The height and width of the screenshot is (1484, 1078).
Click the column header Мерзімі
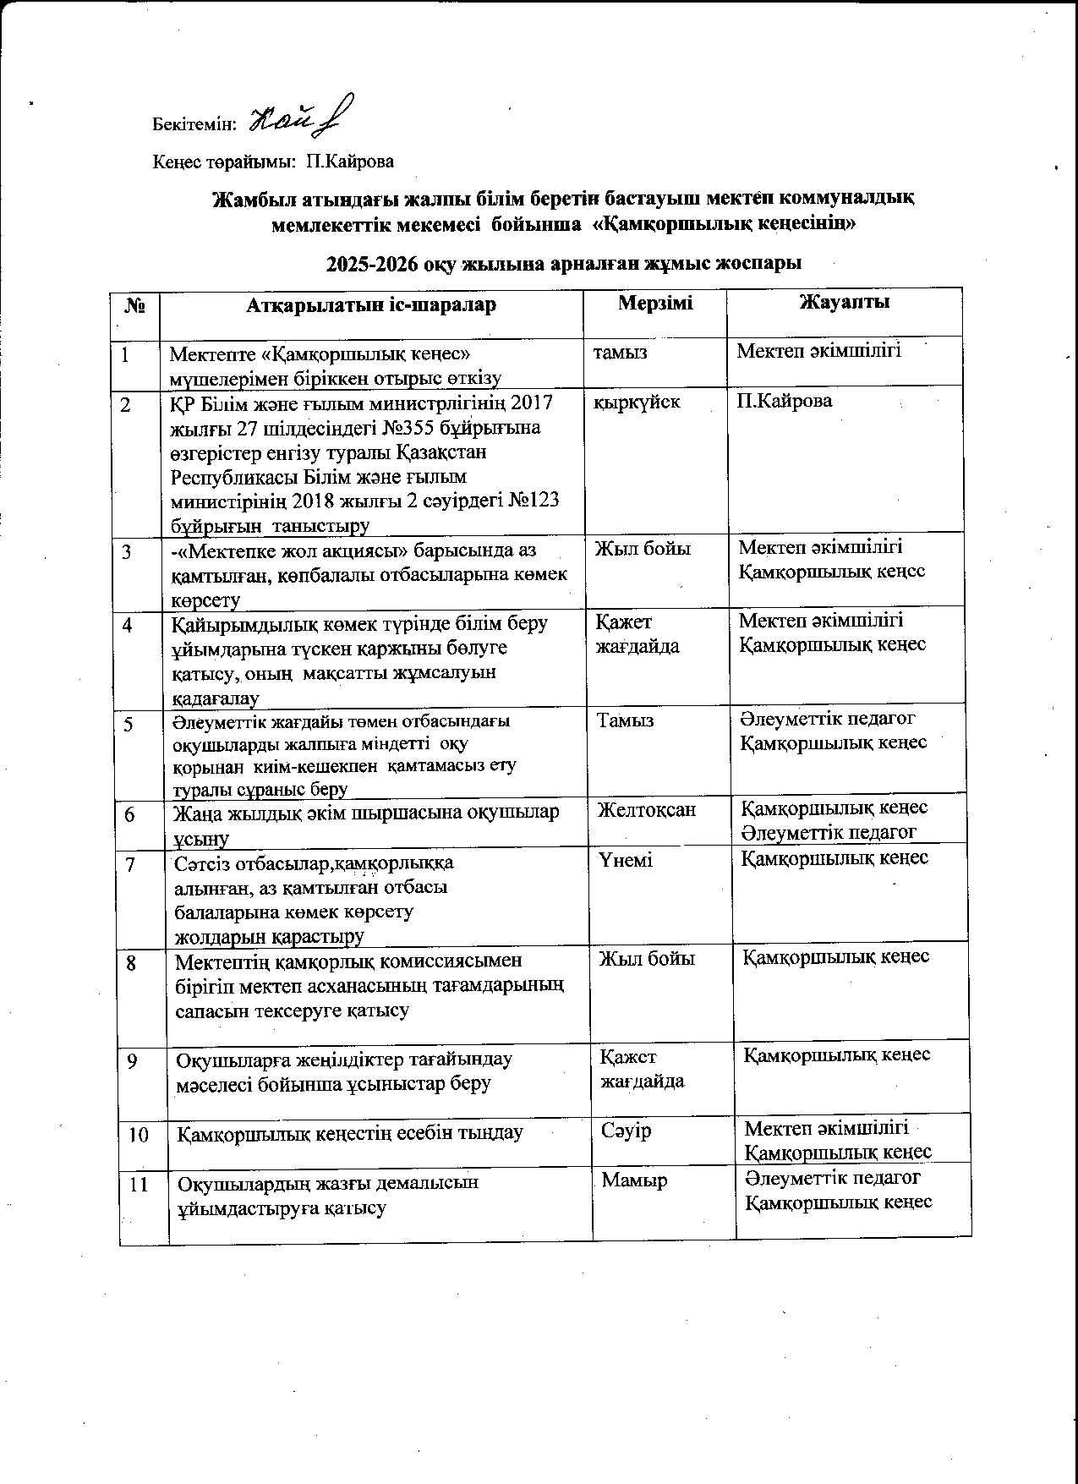[655, 303]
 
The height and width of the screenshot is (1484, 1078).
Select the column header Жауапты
[845, 302]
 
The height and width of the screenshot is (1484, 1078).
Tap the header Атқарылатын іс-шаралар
[371, 304]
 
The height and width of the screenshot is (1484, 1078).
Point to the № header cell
[134, 305]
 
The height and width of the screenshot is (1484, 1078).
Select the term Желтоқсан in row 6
[647, 809]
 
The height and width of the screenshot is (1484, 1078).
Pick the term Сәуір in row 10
[627, 1131]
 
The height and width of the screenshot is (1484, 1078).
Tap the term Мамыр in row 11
[634, 1180]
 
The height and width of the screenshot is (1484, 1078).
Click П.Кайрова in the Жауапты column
[784, 401]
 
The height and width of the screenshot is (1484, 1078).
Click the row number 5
[129, 724]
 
